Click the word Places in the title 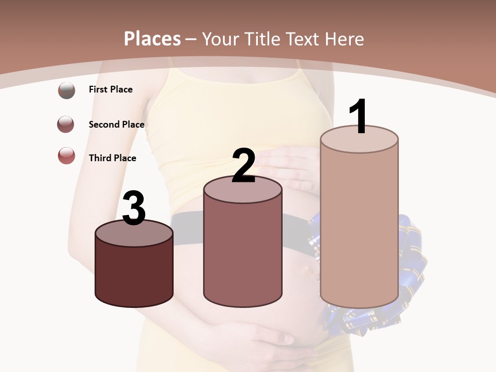pyautogui.click(x=152, y=39)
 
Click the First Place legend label pyautogui.click(x=111, y=89)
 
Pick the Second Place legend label pyautogui.click(x=116, y=125)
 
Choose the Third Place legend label pyautogui.click(x=112, y=158)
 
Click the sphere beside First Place pyautogui.click(x=67, y=90)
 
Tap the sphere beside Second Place pyautogui.click(x=66, y=124)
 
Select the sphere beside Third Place pyautogui.click(x=67, y=156)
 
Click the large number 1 pyautogui.click(x=359, y=117)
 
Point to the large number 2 pyautogui.click(x=243, y=166)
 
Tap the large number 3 pyautogui.click(x=134, y=208)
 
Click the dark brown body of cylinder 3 pyautogui.click(x=134, y=274)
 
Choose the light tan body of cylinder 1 pyautogui.click(x=359, y=227)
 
